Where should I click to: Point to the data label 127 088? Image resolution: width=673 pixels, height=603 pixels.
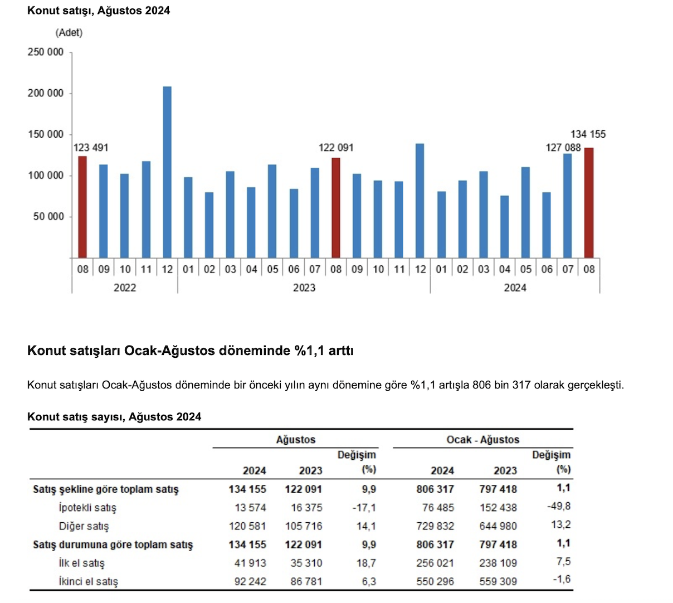pyautogui.click(x=563, y=148)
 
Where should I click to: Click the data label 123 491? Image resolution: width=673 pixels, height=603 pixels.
pyautogui.click(x=91, y=148)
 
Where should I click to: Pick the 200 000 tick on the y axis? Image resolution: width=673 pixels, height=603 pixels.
pyautogui.click(x=46, y=93)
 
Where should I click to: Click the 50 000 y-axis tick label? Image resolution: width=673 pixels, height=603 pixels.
pyautogui.click(x=48, y=216)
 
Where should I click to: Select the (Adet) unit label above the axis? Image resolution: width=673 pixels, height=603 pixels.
pyautogui.click(x=69, y=33)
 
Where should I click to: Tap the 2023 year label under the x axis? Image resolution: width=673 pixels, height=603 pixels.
pyautogui.click(x=304, y=288)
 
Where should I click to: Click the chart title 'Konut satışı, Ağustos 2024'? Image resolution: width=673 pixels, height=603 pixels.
pyautogui.click(x=99, y=11)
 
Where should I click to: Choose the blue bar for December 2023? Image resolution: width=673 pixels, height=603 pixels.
pyautogui.click(x=420, y=201)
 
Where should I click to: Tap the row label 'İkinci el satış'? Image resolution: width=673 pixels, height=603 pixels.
pyautogui.click(x=89, y=581)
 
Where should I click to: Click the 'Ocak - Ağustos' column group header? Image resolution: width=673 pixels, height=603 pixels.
pyautogui.click(x=482, y=440)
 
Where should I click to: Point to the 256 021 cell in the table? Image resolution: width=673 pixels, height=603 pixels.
pyautogui.click(x=435, y=563)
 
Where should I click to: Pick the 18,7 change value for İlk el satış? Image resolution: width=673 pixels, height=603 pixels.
pyautogui.click(x=366, y=563)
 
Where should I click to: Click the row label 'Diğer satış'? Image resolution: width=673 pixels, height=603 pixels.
pyautogui.click(x=84, y=526)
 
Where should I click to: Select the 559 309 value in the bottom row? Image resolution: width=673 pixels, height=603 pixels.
pyautogui.click(x=498, y=581)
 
